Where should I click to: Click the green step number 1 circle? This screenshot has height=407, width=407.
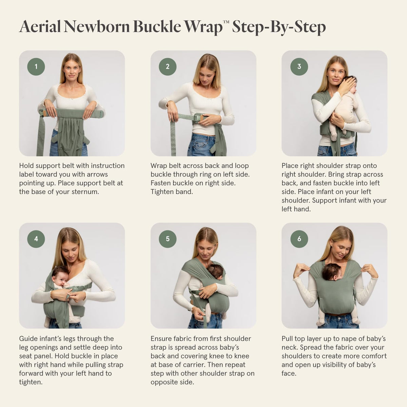click(36, 66)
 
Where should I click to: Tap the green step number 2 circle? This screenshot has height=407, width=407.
click(168, 66)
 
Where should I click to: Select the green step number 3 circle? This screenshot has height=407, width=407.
click(299, 66)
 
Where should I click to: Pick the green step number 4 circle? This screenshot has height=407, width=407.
click(36, 239)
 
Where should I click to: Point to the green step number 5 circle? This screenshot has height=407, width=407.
click(168, 239)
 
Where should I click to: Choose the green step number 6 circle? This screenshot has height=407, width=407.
click(299, 239)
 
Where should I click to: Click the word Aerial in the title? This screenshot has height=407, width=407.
click(40, 26)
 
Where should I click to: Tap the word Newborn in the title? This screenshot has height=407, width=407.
click(97, 26)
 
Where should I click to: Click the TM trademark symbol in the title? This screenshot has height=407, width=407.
click(226, 22)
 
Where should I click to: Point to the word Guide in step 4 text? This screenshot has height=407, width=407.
click(29, 338)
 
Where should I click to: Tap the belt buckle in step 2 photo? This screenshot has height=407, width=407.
click(198, 118)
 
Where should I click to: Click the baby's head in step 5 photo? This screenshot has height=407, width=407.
click(215, 272)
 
